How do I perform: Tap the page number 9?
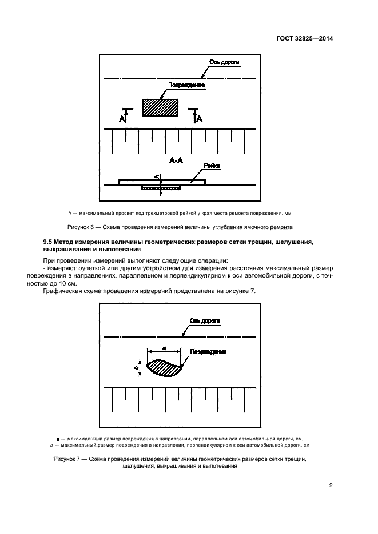click(x=331, y=485)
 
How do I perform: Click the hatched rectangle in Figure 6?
click(x=160, y=107)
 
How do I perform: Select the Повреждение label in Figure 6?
click(x=186, y=86)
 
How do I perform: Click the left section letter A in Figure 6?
click(x=121, y=119)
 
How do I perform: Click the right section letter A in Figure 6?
click(x=199, y=119)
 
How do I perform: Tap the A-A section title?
click(x=176, y=161)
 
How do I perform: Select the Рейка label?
click(x=212, y=166)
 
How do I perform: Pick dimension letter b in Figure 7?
click(x=136, y=367)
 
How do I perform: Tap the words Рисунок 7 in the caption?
click(x=68, y=459)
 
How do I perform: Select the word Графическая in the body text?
click(x=63, y=291)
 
